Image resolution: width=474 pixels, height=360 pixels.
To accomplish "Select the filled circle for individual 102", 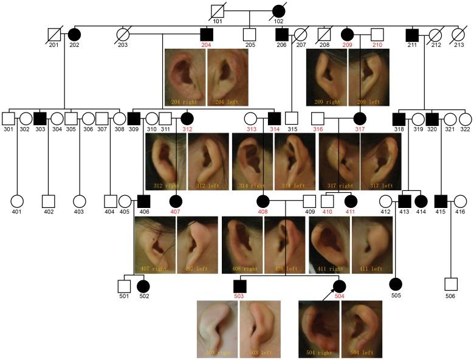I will coord(278,12).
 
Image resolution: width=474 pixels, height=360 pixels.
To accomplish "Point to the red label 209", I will coord(348,46).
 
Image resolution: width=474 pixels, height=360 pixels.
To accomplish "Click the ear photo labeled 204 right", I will coord(185,77).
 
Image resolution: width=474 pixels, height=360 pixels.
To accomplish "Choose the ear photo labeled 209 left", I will coord(368,77).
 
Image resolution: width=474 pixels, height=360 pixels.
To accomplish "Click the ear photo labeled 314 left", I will coord(295,161).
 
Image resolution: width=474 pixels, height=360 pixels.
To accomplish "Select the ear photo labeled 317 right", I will coord(339,161).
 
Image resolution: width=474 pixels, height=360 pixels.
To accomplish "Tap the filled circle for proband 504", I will coord(340,285).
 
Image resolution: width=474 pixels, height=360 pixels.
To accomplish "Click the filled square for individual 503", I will coord(239,285).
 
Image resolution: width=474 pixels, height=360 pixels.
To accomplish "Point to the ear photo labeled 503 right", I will coord(217,328).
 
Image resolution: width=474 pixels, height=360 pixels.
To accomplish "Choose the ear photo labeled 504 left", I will coord(361,328).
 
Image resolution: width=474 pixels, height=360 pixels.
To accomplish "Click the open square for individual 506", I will coord(450,284).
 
